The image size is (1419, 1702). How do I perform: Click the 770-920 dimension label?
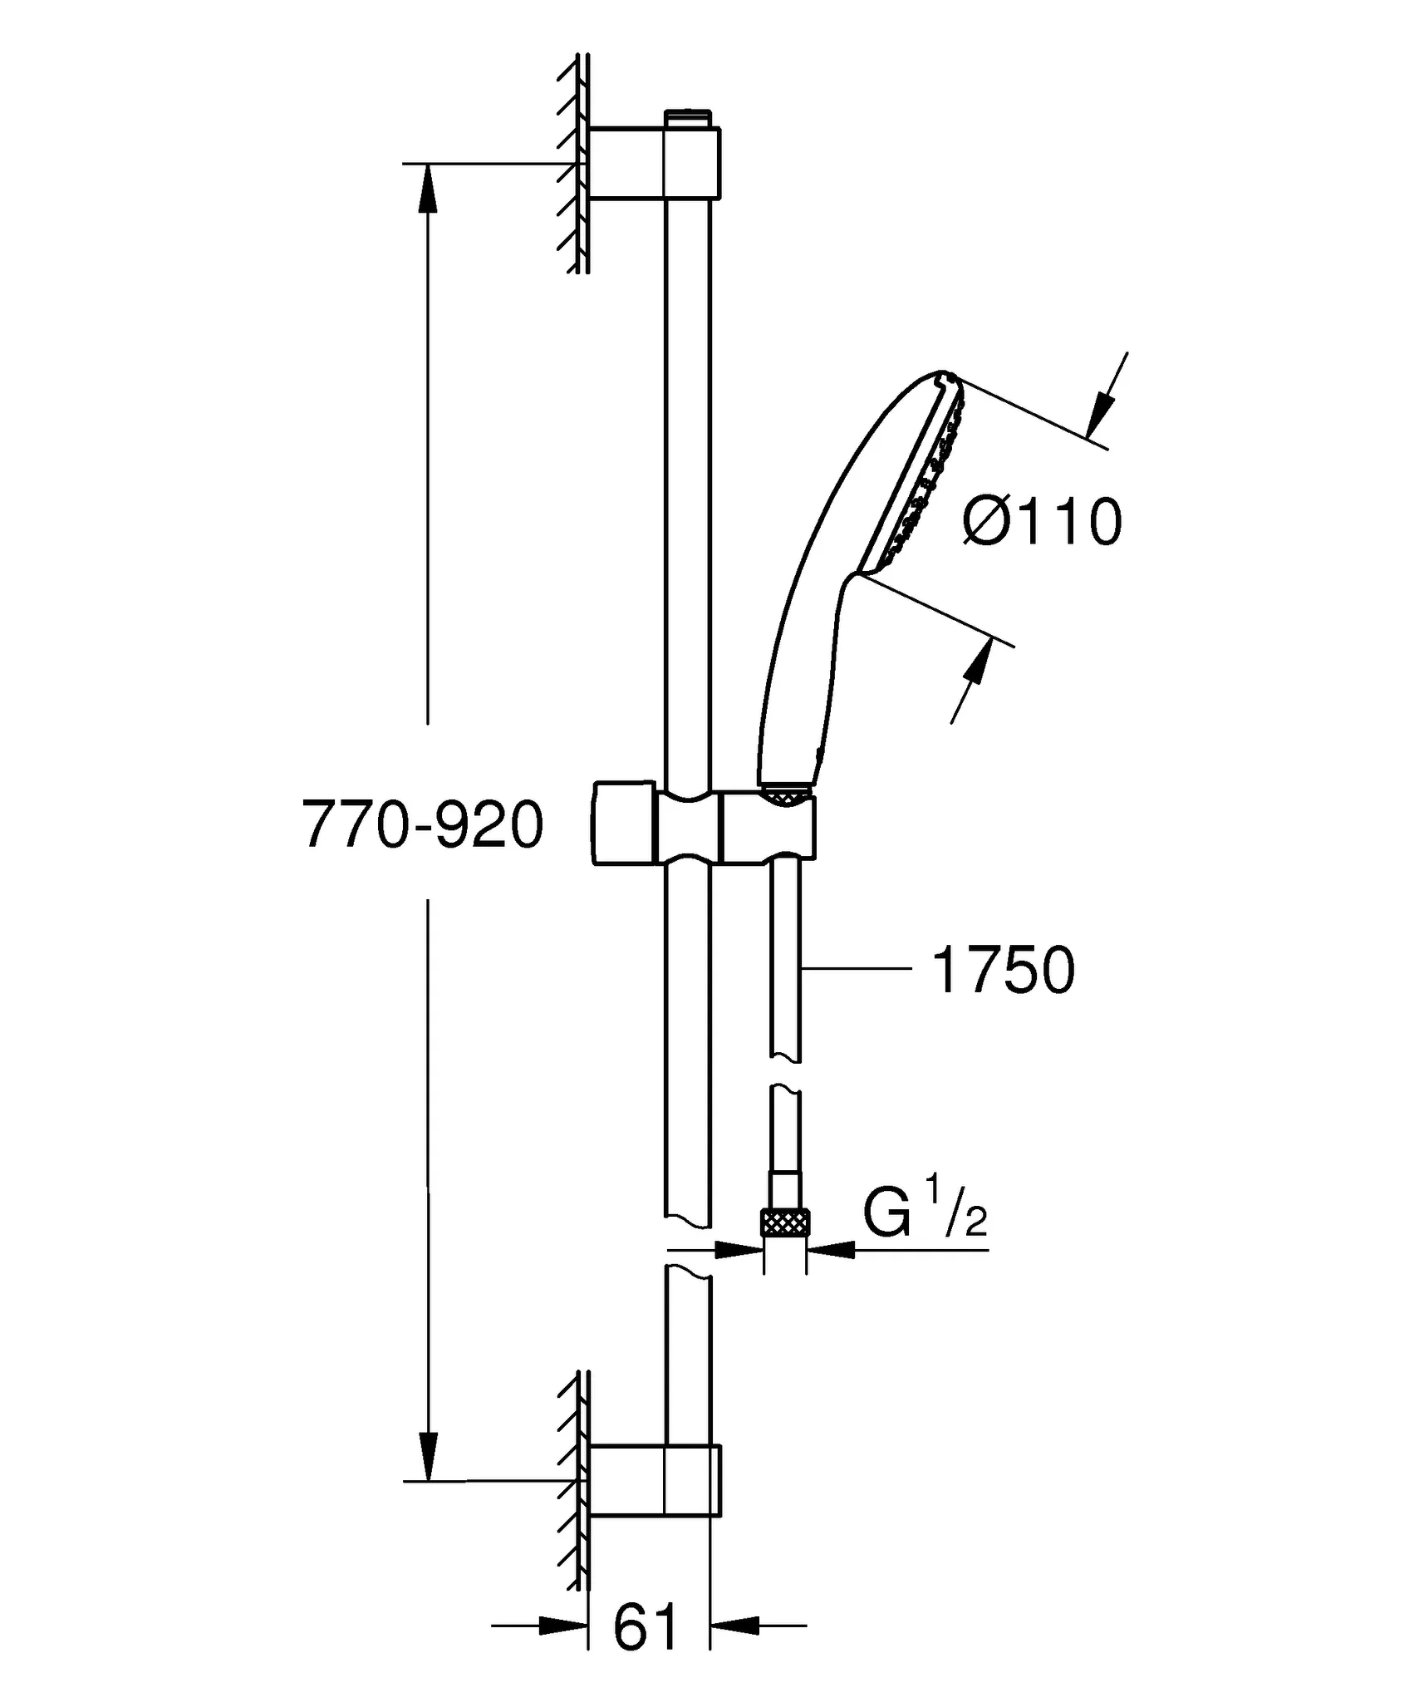coord(423,825)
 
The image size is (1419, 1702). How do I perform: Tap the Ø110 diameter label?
coord(1042,522)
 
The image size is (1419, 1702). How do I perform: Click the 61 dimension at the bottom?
coord(646,1627)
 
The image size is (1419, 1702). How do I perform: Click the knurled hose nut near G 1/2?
coord(785,1224)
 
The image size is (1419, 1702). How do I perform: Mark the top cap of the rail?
coord(688,117)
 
